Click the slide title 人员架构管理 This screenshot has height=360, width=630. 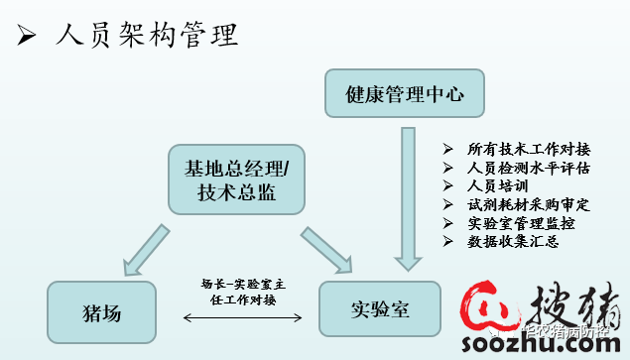coord(148,37)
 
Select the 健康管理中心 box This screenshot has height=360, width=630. coord(403,96)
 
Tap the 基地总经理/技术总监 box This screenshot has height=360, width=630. coord(236,179)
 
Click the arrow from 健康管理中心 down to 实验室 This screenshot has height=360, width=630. coord(405,198)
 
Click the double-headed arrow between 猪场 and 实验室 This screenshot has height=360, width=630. coord(244,318)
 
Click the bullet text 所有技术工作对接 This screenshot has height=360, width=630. coord(520,149)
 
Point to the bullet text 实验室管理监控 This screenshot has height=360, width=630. coord(520,222)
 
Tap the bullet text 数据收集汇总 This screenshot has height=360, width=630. coord(513,241)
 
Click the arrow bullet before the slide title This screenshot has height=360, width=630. coord(28,38)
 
